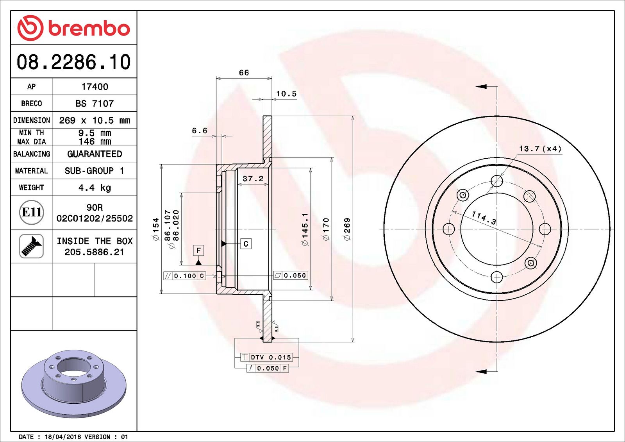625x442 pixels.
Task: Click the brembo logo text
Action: point(89,29)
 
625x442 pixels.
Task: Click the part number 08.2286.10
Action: point(73,62)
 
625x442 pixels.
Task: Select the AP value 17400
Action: point(95,87)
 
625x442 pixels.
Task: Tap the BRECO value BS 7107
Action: point(95,104)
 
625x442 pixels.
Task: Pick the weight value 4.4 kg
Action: point(95,188)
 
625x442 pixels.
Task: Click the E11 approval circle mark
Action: point(32,212)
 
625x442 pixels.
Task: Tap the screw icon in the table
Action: point(32,246)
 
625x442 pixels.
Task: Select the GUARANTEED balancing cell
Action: point(95,154)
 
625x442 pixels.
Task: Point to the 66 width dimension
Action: point(244,73)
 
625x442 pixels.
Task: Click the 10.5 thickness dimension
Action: point(286,94)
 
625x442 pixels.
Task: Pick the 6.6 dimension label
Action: point(200,131)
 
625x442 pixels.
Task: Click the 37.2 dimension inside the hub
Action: point(253,179)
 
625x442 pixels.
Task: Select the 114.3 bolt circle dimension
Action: point(484,218)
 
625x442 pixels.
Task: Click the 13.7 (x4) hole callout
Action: point(540,149)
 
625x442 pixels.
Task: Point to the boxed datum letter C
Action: point(246,244)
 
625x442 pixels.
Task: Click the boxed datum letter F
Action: point(198,250)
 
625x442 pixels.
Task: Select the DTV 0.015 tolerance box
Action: point(266,357)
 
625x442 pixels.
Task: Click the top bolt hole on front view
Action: point(497,181)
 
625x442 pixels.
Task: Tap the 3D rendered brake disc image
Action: point(74,383)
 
